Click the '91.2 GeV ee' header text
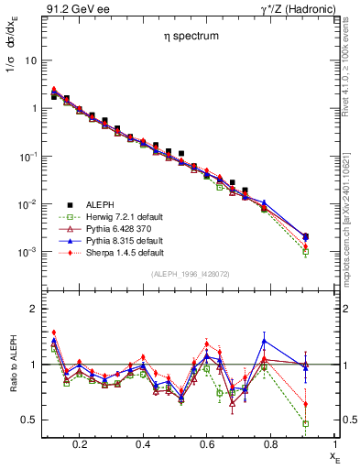pos(72,8)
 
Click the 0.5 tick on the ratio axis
pos(27,420)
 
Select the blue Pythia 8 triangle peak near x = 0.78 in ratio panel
pos(264,341)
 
